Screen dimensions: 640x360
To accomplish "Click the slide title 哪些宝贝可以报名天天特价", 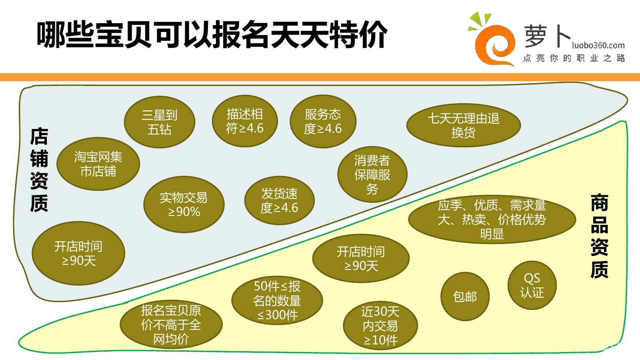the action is (x=212, y=35).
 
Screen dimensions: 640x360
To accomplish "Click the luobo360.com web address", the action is (x=598, y=45).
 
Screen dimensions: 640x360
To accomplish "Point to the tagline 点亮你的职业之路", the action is (x=574, y=58).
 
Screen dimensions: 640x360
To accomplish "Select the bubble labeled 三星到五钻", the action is (x=160, y=122).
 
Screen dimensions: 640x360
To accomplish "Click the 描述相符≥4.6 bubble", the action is (x=245, y=121).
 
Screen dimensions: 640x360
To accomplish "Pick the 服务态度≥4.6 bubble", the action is (x=323, y=121).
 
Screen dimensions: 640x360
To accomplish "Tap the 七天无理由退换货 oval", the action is (x=464, y=125).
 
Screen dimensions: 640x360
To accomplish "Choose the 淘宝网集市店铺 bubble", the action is (x=98, y=164).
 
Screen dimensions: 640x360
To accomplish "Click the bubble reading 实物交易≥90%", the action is (x=184, y=204).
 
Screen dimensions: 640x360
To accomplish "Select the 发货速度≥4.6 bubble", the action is (x=279, y=200).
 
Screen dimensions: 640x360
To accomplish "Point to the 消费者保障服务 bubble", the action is (x=372, y=174).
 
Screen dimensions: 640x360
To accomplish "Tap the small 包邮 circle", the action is (x=465, y=296).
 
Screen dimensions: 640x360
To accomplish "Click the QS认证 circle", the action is (x=532, y=285).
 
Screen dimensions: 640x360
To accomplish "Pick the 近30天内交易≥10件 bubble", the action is (x=380, y=326).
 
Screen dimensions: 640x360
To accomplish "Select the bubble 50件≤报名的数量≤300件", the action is (x=277, y=300).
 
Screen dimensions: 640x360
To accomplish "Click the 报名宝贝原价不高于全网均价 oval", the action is (x=171, y=324).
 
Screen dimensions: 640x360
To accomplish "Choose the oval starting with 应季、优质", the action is (x=492, y=219).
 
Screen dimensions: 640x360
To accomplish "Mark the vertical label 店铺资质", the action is (x=39, y=170).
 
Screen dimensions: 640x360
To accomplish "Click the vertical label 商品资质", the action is (x=599, y=236).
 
